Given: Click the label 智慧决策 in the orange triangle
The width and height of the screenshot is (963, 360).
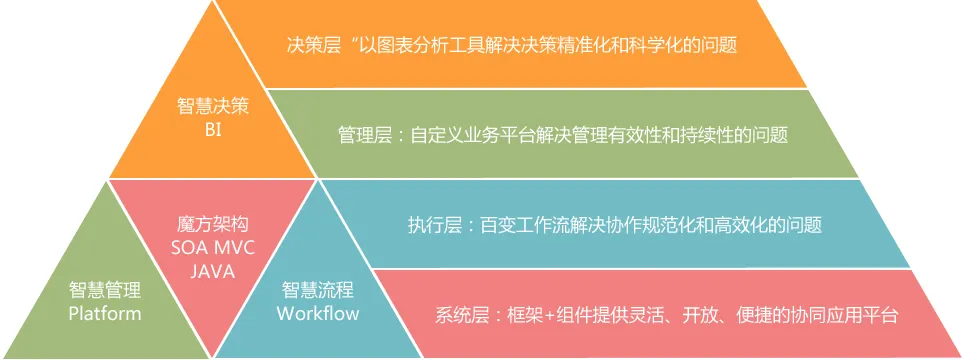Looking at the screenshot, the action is click(212, 107).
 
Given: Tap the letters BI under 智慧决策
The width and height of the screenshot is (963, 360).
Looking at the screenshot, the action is click(212, 130).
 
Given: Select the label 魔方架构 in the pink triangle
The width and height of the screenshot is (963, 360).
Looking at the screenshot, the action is click(212, 224).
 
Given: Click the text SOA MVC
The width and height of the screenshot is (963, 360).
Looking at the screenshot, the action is click(212, 248).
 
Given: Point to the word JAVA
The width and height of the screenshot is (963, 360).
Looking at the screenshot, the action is click(212, 271).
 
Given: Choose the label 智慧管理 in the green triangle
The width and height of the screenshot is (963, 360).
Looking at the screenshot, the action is click(105, 290).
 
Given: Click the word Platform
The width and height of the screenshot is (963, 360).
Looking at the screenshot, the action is click(105, 313).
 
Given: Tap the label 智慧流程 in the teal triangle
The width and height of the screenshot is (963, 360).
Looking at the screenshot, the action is click(318, 290).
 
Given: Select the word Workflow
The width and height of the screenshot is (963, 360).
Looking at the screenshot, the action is click(318, 313).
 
